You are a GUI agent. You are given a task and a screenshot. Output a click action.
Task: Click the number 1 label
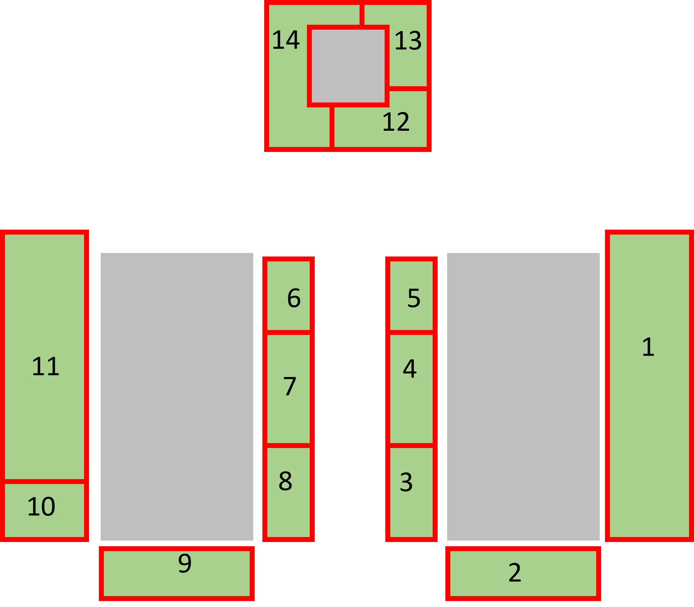coord(648,347)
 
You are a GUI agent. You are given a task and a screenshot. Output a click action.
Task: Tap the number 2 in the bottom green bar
coord(515,573)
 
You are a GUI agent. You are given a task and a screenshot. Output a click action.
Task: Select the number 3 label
coord(406,482)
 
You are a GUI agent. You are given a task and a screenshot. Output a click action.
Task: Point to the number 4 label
coord(410,369)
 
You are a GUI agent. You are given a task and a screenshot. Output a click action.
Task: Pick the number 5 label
coord(414,298)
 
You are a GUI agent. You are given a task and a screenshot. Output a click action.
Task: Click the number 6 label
coord(294,298)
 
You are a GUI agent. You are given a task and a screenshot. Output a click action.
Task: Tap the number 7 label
coord(290,386)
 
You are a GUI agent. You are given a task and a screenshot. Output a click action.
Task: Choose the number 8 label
coord(285,481)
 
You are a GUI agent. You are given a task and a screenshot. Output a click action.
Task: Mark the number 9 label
coord(185,563)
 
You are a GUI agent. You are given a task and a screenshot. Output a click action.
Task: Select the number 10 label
coord(41,507)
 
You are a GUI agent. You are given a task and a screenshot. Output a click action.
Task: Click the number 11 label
coord(46,366)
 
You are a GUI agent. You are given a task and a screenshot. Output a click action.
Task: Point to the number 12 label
coord(396,122)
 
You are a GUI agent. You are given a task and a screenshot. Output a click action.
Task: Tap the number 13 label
coord(408,41)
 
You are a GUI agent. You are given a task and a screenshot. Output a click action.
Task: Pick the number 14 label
coord(286,40)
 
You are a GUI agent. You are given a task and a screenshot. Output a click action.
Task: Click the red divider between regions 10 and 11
coord(45,482)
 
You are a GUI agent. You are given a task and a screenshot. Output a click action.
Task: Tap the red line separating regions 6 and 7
coord(289,332)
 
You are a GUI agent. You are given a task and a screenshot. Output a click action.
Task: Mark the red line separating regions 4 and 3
coord(411,446)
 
